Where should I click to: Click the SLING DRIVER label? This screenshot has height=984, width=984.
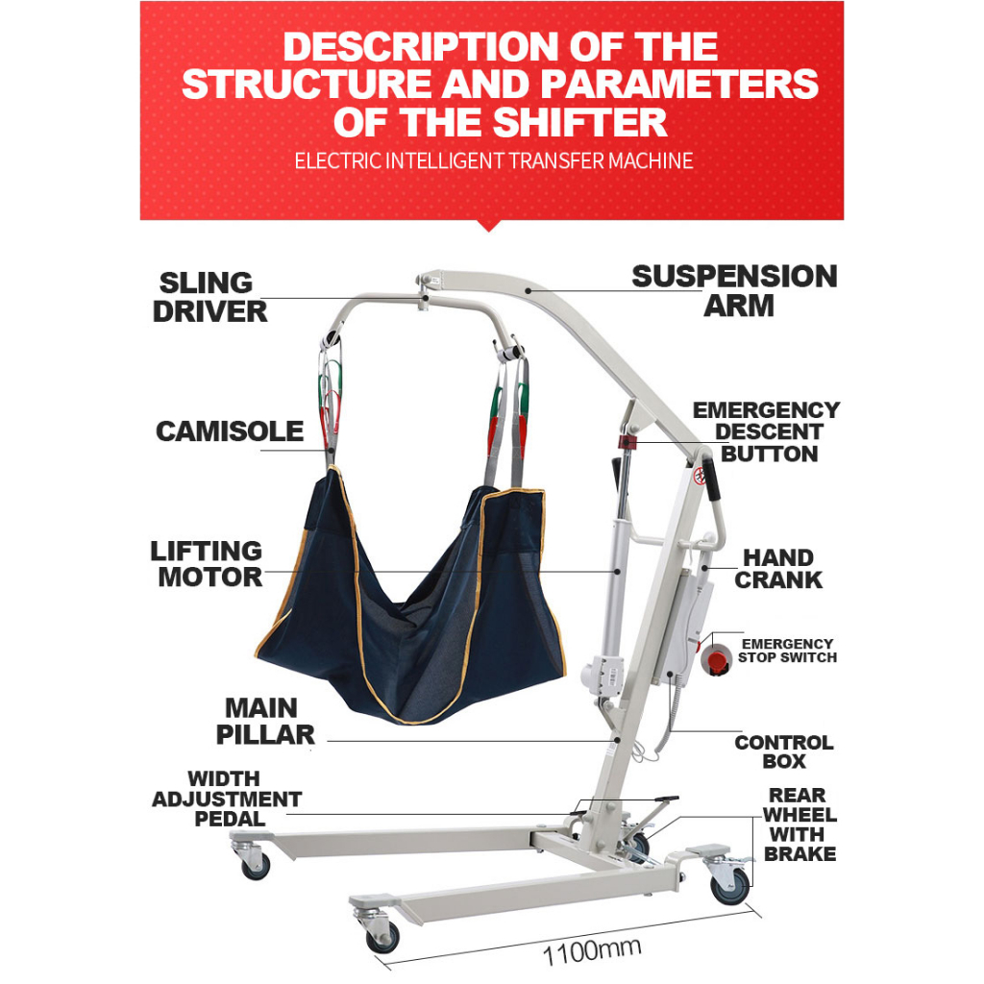209,297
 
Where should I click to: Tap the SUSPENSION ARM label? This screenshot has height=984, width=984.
734,291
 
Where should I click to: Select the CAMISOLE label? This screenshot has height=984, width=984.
230,431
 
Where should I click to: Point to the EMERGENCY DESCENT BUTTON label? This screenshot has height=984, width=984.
767,432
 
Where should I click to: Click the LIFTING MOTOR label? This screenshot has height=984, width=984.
206,564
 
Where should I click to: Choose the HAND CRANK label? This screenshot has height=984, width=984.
778,569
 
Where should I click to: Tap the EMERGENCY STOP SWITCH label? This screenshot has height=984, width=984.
787,651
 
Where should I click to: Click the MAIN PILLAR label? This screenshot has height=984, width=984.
265,722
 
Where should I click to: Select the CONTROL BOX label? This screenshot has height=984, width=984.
784,751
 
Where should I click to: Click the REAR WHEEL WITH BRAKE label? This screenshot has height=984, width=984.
800,824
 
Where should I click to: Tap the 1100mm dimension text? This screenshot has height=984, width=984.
592,951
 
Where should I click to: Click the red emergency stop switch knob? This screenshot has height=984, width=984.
716,659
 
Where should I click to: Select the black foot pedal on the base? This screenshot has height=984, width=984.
662,799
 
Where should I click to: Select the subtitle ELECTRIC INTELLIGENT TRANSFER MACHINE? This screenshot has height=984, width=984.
493,160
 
